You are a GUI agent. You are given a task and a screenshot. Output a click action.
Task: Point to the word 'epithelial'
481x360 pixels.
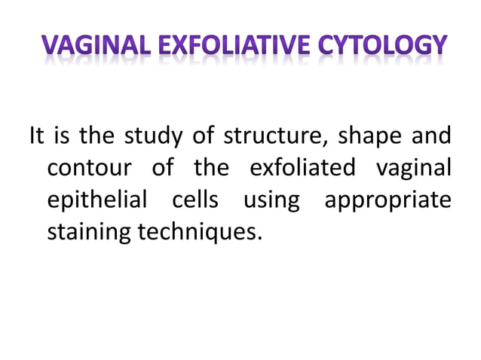point(99,201)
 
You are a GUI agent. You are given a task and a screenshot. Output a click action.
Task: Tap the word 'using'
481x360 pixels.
point(271,201)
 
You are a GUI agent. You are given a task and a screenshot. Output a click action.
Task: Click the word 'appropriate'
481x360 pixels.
point(388,201)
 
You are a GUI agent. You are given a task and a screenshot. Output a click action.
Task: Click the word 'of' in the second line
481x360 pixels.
point(162,168)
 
